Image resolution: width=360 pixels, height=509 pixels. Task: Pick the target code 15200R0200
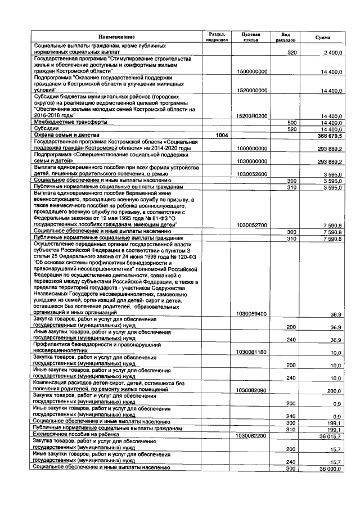click(253, 116)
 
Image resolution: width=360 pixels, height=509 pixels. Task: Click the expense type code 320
click(291, 52)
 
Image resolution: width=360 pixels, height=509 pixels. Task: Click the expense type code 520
click(291, 129)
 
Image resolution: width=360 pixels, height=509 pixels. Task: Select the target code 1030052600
click(253, 174)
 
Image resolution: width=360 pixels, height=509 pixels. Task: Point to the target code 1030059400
click(253, 313)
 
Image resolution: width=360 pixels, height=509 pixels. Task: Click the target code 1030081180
click(253, 352)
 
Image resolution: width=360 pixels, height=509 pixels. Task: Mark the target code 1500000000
click(253, 72)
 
